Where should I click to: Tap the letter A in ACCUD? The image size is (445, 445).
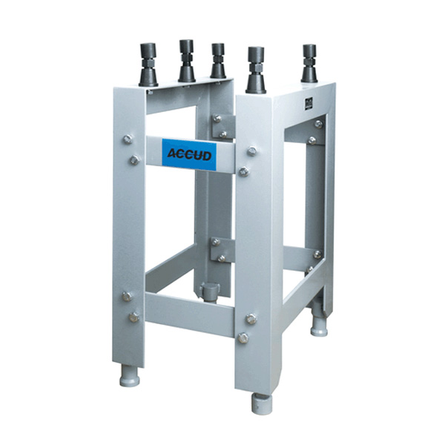(x=172, y=154)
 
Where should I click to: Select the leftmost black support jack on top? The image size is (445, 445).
(x=149, y=65)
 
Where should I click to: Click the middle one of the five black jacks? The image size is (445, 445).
(x=217, y=61)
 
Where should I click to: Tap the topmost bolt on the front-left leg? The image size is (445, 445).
(x=128, y=139)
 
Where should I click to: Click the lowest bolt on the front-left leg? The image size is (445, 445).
(x=133, y=316)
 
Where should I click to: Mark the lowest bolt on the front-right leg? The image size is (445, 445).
(x=243, y=337)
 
